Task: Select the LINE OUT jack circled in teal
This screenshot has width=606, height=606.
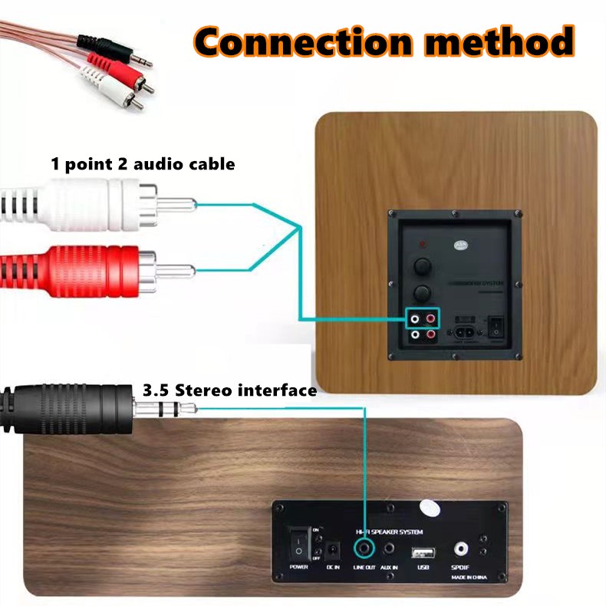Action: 364,549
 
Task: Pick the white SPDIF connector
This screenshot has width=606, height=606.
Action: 461,549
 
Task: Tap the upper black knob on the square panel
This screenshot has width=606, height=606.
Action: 421,266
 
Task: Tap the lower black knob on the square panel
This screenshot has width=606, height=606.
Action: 421,292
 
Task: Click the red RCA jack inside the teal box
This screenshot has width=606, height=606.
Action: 431,318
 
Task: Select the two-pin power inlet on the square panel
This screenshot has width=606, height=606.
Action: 465,333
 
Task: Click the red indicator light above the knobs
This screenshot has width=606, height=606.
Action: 421,244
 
